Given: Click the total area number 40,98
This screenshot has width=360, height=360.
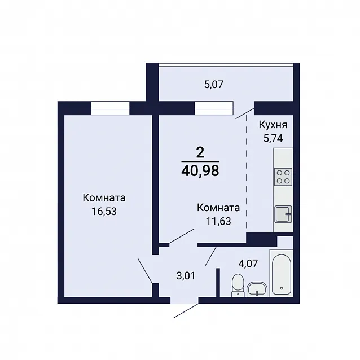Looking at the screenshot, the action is (x=200, y=171).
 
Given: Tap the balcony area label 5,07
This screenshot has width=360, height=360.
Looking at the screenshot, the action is (x=214, y=85).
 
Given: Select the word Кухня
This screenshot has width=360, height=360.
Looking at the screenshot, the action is (x=273, y=125).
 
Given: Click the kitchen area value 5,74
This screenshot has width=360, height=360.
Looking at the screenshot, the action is (x=273, y=138).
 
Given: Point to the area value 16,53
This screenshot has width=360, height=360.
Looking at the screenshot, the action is (x=104, y=212).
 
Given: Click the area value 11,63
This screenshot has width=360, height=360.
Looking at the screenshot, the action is (x=218, y=221).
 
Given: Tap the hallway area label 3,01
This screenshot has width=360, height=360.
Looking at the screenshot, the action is (x=186, y=276).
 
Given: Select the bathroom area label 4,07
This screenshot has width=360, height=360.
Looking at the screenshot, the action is (x=248, y=264).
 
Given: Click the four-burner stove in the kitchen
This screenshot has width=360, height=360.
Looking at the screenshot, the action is (x=283, y=177).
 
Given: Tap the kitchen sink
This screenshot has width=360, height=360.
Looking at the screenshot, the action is (x=283, y=214).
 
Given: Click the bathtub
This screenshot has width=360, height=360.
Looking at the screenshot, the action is (x=282, y=274).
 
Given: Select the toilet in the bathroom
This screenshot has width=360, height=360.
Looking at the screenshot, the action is (x=238, y=285).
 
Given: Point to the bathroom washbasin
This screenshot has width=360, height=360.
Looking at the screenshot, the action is (x=257, y=289).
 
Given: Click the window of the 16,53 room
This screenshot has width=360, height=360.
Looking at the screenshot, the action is (x=111, y=108).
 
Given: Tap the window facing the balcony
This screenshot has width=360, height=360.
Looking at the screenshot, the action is (x=214, y=108).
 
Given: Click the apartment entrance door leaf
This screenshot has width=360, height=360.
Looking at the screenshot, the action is (x=186, y=311).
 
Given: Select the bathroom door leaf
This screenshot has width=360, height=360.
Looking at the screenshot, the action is (x=210, y=256).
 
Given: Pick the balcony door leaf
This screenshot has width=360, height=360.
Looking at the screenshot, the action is (x=245, y=113).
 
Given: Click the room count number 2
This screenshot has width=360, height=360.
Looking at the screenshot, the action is (x=200, y=152).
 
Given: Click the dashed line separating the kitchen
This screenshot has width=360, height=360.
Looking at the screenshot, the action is (x=247, y=172).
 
